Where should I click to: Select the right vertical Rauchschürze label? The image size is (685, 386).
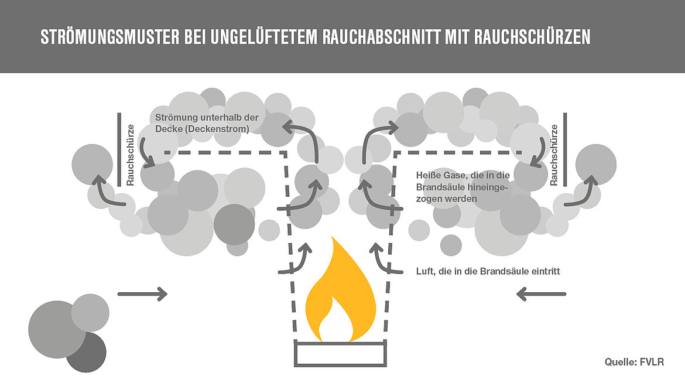pos(553,155)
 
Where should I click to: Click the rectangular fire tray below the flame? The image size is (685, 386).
pos(340,354)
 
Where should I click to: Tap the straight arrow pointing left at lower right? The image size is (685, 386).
pos(542,293)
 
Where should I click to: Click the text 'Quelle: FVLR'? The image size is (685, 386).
pos(634,362)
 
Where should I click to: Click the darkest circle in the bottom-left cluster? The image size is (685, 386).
pos(86,351)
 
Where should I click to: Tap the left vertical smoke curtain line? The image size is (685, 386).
pos(119,149)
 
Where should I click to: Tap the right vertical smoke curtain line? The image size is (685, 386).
pos(565,149)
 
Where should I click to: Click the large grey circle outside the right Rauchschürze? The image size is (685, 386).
pos(595,165)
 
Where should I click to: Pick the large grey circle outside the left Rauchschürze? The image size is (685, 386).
pos(92,164)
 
